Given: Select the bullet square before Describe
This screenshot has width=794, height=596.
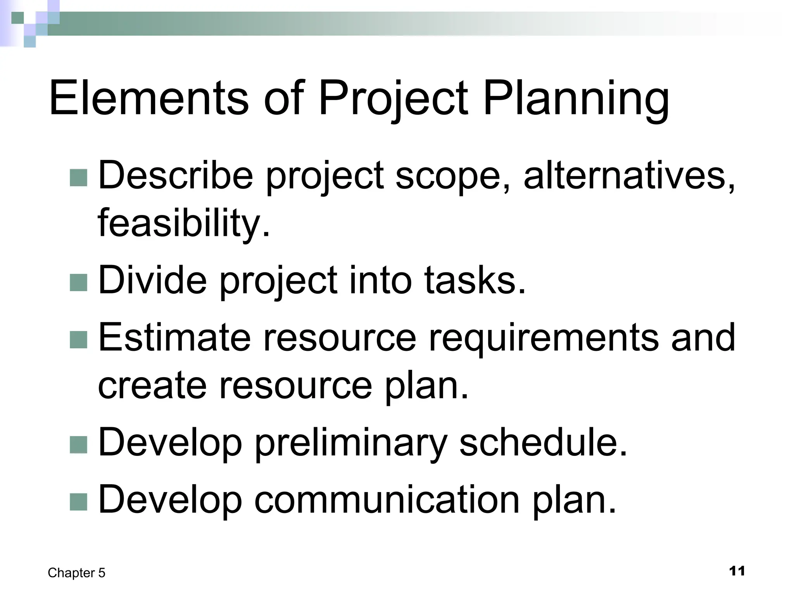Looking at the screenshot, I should click(78, 177).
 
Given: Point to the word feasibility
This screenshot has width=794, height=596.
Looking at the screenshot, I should click(183, 223).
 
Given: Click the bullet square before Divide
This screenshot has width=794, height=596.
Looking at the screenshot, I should click(78, 282).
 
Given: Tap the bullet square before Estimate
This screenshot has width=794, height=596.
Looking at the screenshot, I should click(78, 340).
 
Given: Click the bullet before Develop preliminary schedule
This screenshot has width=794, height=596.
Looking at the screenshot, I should click(78, 445).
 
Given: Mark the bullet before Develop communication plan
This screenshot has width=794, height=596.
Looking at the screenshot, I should click(78, 502).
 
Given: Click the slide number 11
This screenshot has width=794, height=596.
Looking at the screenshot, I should click(737, 571).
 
